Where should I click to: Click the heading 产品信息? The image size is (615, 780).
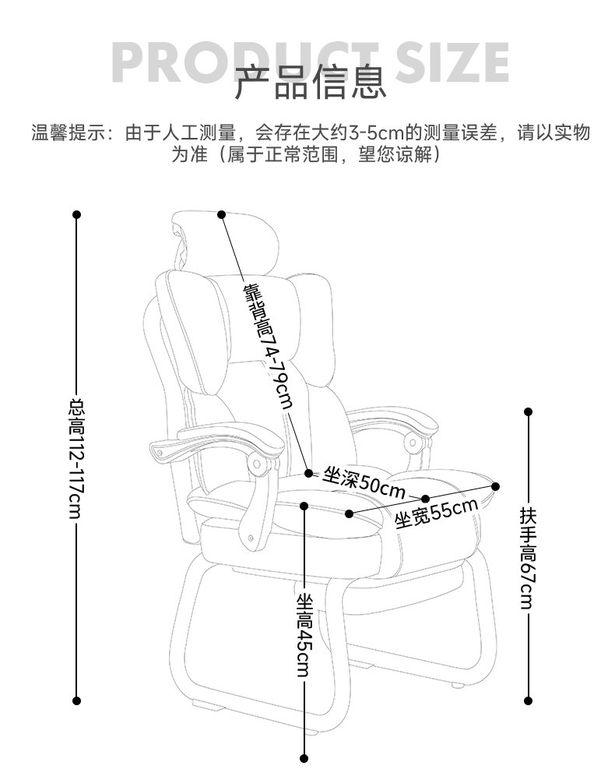coord(311,83)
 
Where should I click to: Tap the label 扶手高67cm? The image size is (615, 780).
coord(528,558)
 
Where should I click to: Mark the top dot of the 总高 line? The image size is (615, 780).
coord(76,214)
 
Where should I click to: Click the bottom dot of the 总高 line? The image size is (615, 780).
coord(76,701)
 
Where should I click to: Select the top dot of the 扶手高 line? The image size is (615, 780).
coord(528,411)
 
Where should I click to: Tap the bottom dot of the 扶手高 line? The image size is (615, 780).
coord(528,701)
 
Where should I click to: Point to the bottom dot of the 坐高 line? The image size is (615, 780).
coord(304,757)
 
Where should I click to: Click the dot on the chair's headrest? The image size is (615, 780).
coord(221,214)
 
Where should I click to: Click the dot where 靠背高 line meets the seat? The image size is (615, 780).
coord(308,472)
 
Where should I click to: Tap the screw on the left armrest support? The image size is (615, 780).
coord(250,537)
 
